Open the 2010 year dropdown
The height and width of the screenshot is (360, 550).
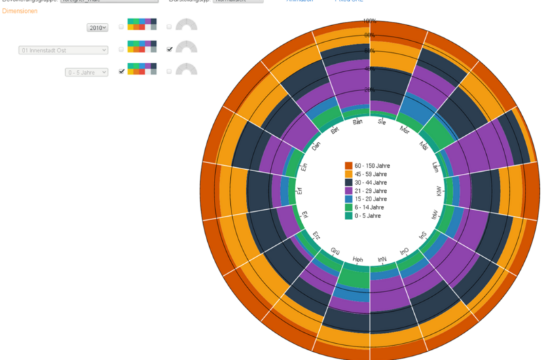click(x=98, y=27)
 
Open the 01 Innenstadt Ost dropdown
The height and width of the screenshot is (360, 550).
click(x=63, y=50)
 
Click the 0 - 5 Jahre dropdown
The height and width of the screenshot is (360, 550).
click(x=86, y=71)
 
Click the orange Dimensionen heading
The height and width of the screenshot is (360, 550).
click(x=20, y=11)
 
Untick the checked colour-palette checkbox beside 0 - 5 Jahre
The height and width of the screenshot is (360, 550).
click(x=122, y=71)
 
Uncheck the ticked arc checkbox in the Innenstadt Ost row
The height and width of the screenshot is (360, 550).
click(x=170, y=49)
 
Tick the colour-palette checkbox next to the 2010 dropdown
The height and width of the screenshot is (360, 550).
click(x=122, y=27)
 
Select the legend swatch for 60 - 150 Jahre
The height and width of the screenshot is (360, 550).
click(x=348, y=166)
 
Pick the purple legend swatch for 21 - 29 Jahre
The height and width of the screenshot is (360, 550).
click(x=348, y=191)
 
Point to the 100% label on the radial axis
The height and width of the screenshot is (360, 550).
click(x=370, y=21)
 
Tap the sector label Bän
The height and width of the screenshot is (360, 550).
click(x=358, y=123)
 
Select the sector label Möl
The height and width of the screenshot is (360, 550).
click(x=424, y=145)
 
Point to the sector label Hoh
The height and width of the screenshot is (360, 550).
click(x=358, y=259)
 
